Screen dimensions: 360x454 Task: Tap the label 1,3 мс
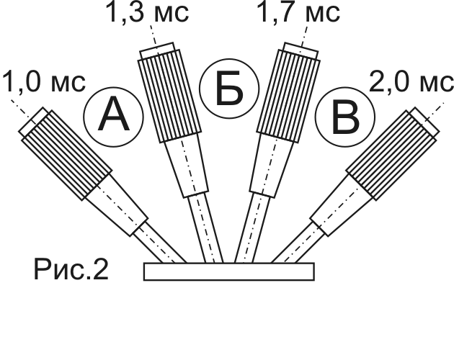point(147,13)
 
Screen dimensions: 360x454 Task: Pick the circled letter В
point(345,117)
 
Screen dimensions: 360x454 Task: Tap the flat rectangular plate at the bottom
point(228,271)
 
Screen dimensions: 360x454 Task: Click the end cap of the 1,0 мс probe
point(33,122)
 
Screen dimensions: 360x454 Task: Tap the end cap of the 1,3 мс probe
point(156,53)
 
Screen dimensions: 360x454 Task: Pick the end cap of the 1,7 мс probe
point(301,53)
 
